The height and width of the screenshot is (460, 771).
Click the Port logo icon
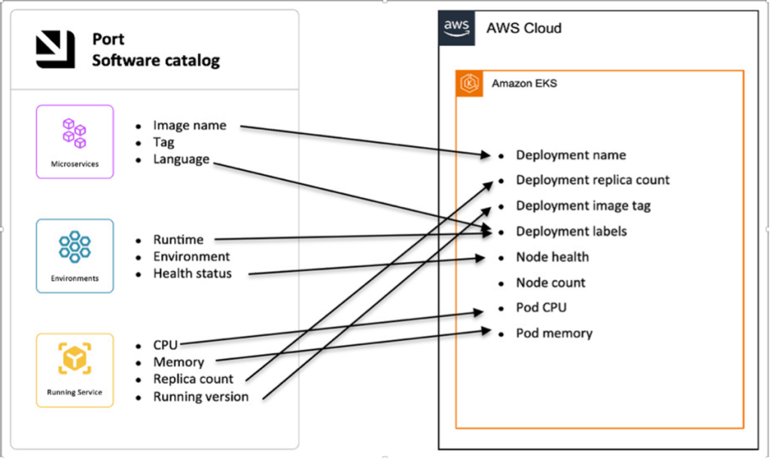(56, 50)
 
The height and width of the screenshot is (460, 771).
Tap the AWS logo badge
(457, 28)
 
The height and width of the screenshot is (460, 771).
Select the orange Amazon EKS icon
(470, 84)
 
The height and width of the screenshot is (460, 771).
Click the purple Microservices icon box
(75, 141)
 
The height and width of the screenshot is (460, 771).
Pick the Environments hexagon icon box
(75, 255)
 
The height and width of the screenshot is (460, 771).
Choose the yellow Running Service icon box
(75, 370)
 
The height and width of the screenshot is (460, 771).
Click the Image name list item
(189, 126)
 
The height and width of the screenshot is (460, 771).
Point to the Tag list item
(163, 142)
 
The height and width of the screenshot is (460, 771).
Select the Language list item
(181, 159)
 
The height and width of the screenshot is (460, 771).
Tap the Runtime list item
(178, 239)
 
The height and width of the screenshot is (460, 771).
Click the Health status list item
(192, 273)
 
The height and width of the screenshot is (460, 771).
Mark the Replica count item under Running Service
(193, 379)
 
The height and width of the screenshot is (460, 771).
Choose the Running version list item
(200, 396)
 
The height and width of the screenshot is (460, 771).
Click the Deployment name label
(570, 155)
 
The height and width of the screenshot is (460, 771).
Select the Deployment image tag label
(583, 206)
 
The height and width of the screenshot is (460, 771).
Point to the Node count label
(550, 283)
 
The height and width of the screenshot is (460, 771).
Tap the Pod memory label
(553, 333)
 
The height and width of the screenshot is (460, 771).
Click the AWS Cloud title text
(523, 29)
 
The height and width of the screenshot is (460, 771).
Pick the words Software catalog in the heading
(156, 60)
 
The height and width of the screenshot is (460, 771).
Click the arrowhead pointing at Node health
(480, 258)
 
